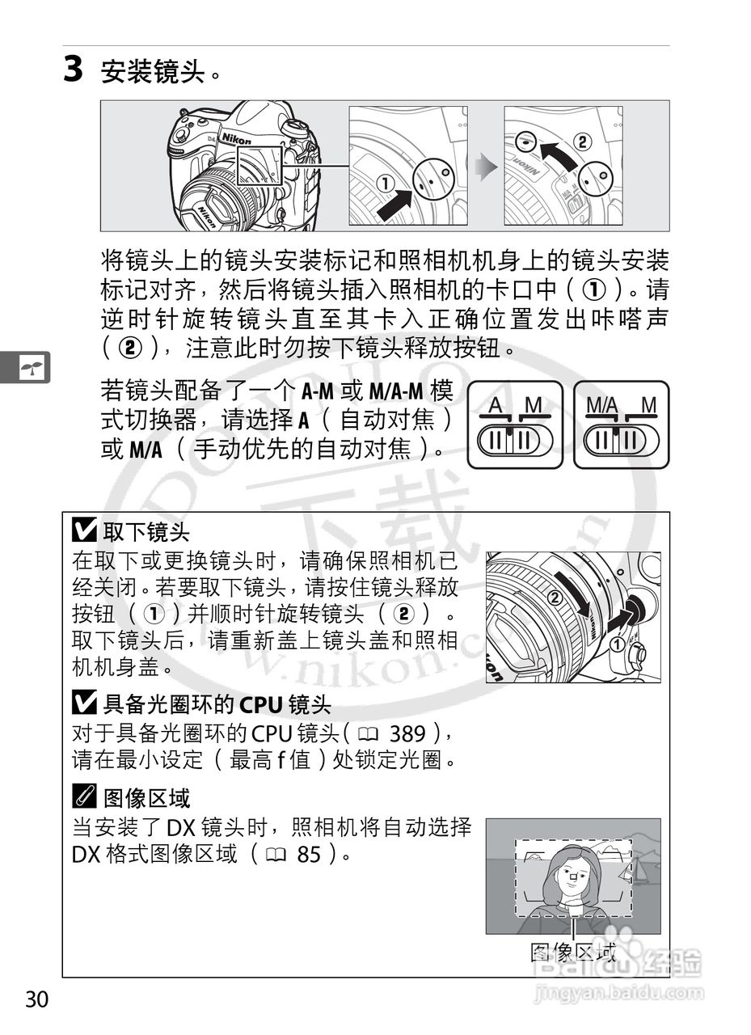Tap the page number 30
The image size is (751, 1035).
(x=36, y=999)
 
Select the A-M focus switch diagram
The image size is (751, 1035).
(x=515, y=425)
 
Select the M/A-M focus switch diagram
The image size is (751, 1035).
(x=622, y=425)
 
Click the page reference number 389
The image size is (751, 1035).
(x=407, y=734)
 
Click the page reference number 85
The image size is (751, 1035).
(x=310, y=854)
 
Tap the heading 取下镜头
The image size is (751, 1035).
(x=146, y=531)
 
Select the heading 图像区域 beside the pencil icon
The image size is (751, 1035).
(x=146, y=798)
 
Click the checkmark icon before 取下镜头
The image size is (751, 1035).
(x=83, y=531)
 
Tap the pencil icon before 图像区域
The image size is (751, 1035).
(x=83, y=798)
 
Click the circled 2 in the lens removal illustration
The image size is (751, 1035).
(x=554, y=599)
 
